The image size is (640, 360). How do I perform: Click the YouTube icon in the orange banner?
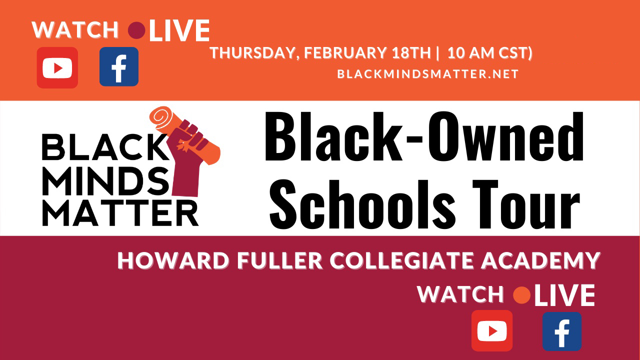[57, 67]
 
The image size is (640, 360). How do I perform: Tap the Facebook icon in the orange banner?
[119, 67]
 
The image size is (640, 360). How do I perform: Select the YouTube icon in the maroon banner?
[492, 330]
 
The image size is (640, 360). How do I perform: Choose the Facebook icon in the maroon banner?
[562, 331]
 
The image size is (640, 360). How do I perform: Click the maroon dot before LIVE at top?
[136, 30]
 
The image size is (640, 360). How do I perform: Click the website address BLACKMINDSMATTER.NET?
[427, 74]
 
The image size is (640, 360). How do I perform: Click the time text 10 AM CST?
[487, 52]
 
